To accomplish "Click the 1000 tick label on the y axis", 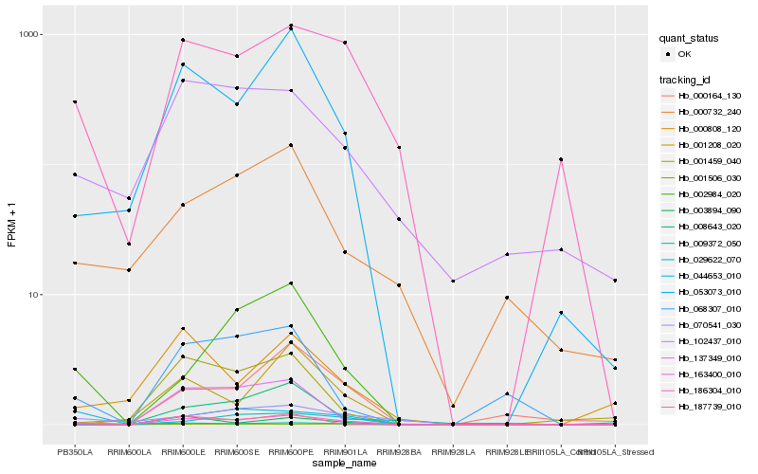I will [31, 34].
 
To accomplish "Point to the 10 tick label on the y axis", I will [36, 294].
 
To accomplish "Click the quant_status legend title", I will [691, 39].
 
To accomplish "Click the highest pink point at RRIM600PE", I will [291, 26].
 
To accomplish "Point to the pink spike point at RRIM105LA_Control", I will [561, 159].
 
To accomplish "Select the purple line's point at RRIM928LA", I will [453, 281].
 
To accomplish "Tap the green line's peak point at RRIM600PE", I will [291, 283].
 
